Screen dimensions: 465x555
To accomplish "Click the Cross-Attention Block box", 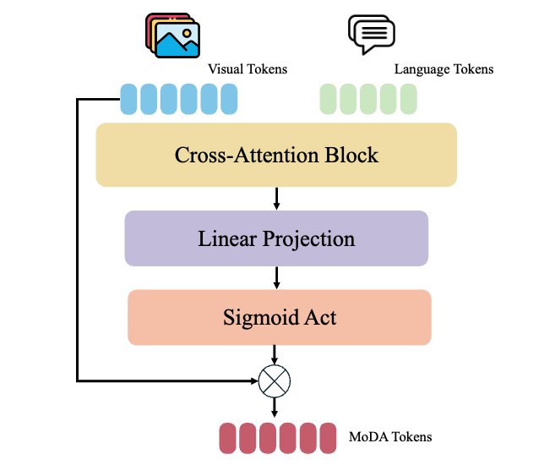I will point(276,155).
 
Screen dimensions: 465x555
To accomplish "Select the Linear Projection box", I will point(276,238).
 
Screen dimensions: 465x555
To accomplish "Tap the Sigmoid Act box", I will point(279,317).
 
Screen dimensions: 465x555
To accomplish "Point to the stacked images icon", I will point(173,36).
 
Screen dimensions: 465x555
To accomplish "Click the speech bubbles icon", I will point(372,35).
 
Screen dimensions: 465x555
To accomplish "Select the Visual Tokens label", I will point(248,69).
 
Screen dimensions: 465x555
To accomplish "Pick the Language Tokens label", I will point(443,68).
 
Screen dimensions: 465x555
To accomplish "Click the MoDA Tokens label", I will point(390,437).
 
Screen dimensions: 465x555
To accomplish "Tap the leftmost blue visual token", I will point(128,100).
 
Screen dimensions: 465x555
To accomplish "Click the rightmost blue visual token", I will point(230,100).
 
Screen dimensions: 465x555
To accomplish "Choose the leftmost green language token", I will point(328,100).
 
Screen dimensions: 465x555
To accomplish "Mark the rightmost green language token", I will point(409,100).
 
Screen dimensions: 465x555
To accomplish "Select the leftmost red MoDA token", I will point(228,438).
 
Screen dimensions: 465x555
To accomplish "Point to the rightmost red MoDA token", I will point(329,438).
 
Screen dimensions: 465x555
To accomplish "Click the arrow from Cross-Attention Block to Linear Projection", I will point(276,198).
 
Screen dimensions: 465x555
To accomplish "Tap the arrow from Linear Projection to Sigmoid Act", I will point(276,277).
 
